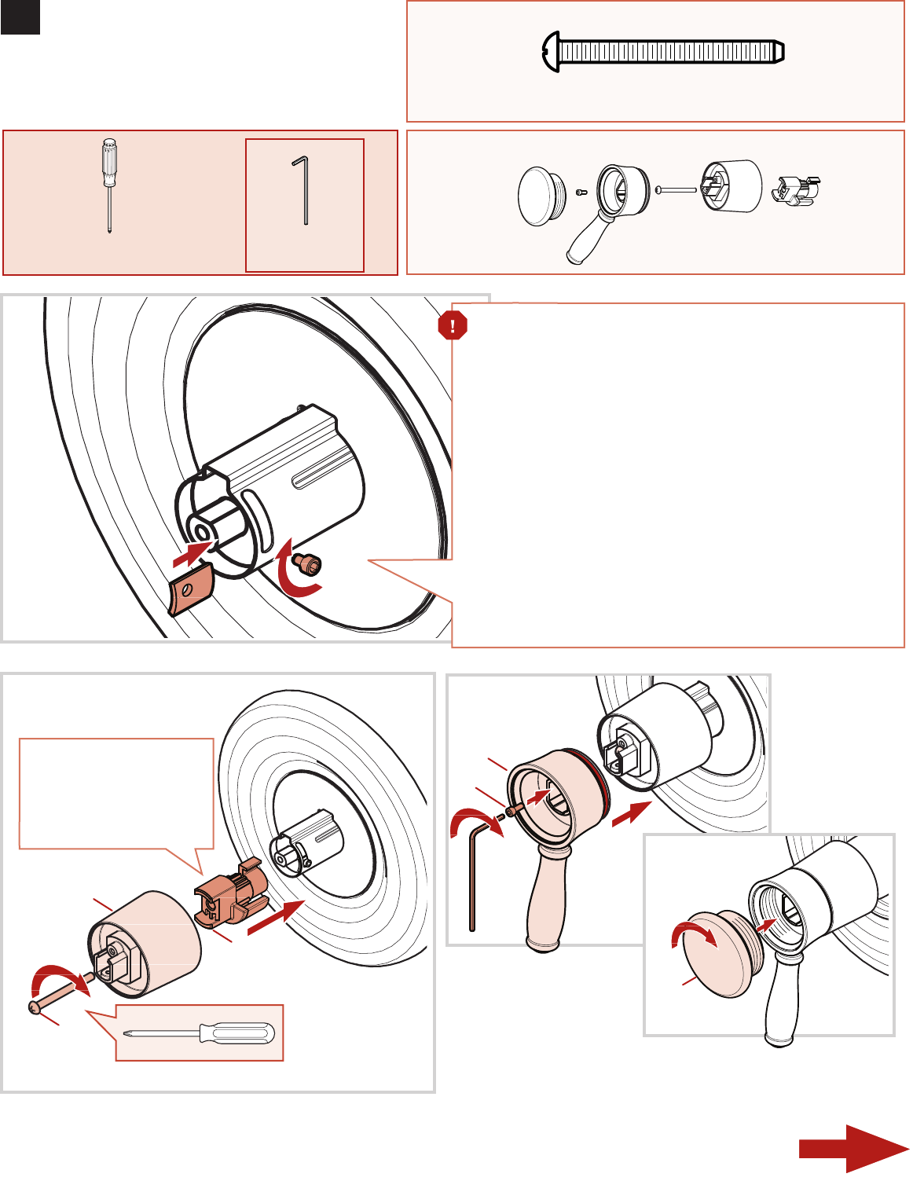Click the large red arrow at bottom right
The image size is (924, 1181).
[x=852, y=1149]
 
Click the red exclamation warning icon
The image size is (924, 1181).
[x=453, y=325]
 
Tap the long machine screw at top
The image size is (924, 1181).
[x=664, y=53]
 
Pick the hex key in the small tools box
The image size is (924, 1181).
[x=303, y=190]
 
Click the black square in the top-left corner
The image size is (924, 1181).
[x=20, y=17]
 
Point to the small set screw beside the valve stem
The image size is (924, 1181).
[x=308, y=563]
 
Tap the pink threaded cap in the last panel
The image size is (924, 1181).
[x=721, y=953]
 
